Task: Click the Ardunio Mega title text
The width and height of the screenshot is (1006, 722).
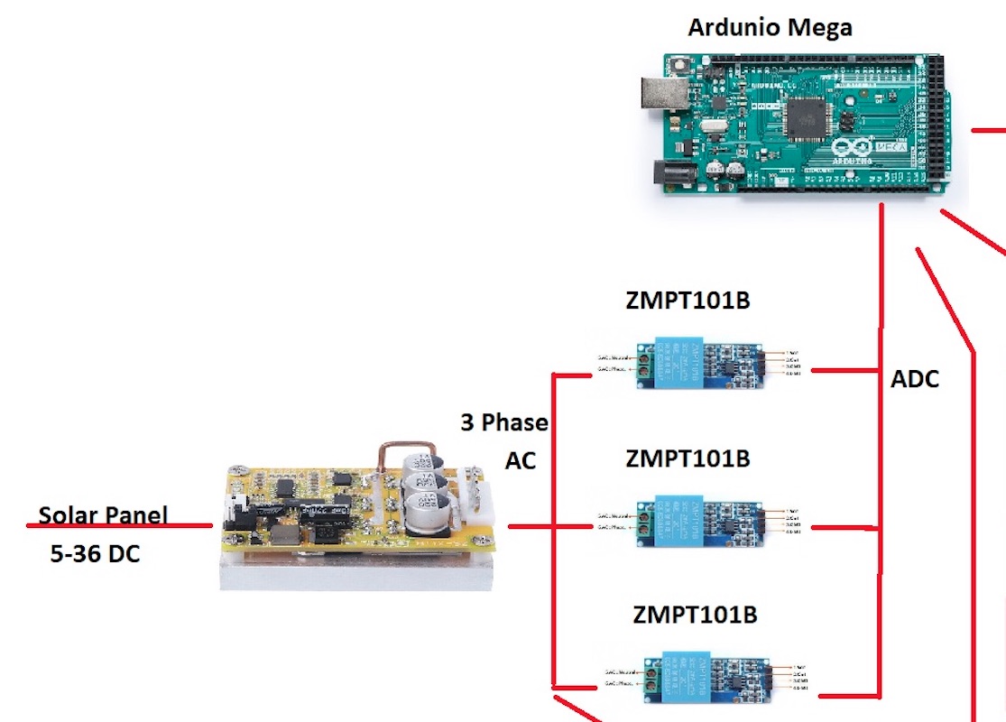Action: pos(770,27)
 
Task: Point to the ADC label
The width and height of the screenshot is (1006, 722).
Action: pos(915,379)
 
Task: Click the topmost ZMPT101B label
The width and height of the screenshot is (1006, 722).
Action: pos(688,301)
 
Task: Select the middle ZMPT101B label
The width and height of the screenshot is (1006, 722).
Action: pos(688,458)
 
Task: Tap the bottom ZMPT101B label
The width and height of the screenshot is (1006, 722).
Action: pos(695,616)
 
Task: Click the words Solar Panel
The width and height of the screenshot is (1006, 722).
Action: pos(103,515)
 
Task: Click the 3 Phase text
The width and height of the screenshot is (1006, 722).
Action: pos(504,421)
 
